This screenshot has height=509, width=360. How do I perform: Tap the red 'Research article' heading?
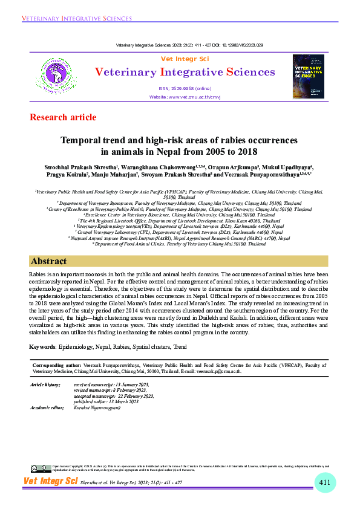(62, 117)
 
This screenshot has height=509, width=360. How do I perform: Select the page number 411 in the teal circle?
(325, 482)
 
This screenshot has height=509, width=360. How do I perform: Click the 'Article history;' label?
(45, 384)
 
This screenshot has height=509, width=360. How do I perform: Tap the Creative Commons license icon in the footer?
(41, 468)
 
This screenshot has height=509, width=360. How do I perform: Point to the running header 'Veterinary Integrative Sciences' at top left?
(72, 19)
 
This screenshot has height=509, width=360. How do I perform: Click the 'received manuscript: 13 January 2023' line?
(111, 384)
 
